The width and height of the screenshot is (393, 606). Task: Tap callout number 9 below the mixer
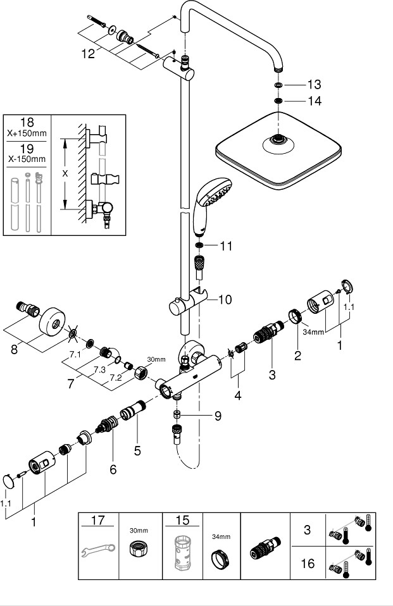click(x=217, y=416)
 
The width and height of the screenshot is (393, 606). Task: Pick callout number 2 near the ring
click(x=297, y=355)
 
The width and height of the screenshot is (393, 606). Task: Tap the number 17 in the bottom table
click(x=98, y=522)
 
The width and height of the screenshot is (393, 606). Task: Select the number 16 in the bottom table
click(x=307, y=564)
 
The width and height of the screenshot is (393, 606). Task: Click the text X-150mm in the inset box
click(x=27, y=158)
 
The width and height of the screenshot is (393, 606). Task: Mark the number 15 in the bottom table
click(x=182, y=522)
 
